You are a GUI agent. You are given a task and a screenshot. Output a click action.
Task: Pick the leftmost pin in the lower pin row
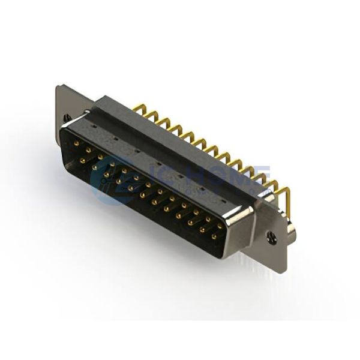82,160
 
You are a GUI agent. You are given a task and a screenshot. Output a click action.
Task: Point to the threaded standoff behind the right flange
292,231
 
